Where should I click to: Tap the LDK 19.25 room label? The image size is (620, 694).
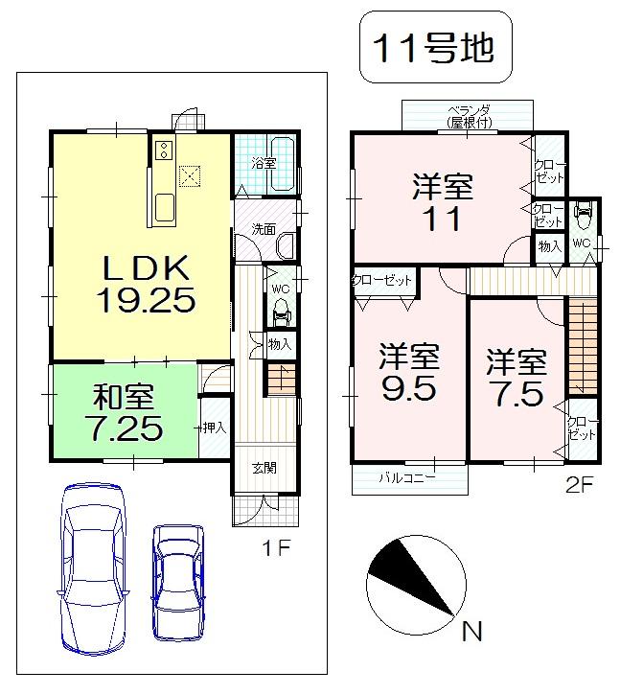click(x=146, y=283)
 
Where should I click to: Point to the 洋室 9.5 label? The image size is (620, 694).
click(x=408, y=374)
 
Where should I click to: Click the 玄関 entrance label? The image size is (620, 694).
click(x=264, y=468)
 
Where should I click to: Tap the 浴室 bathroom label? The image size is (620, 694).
click(x=264, y=163)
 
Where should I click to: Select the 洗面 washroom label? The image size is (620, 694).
click(x=264, y=229)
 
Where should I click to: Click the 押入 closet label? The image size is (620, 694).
click(x=214, y=428)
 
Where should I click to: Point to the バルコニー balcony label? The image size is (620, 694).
click(x=406, y=476)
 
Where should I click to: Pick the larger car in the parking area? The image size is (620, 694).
click(x=94, y=567)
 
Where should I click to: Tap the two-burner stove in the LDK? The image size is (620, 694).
click(x=162, y=150)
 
